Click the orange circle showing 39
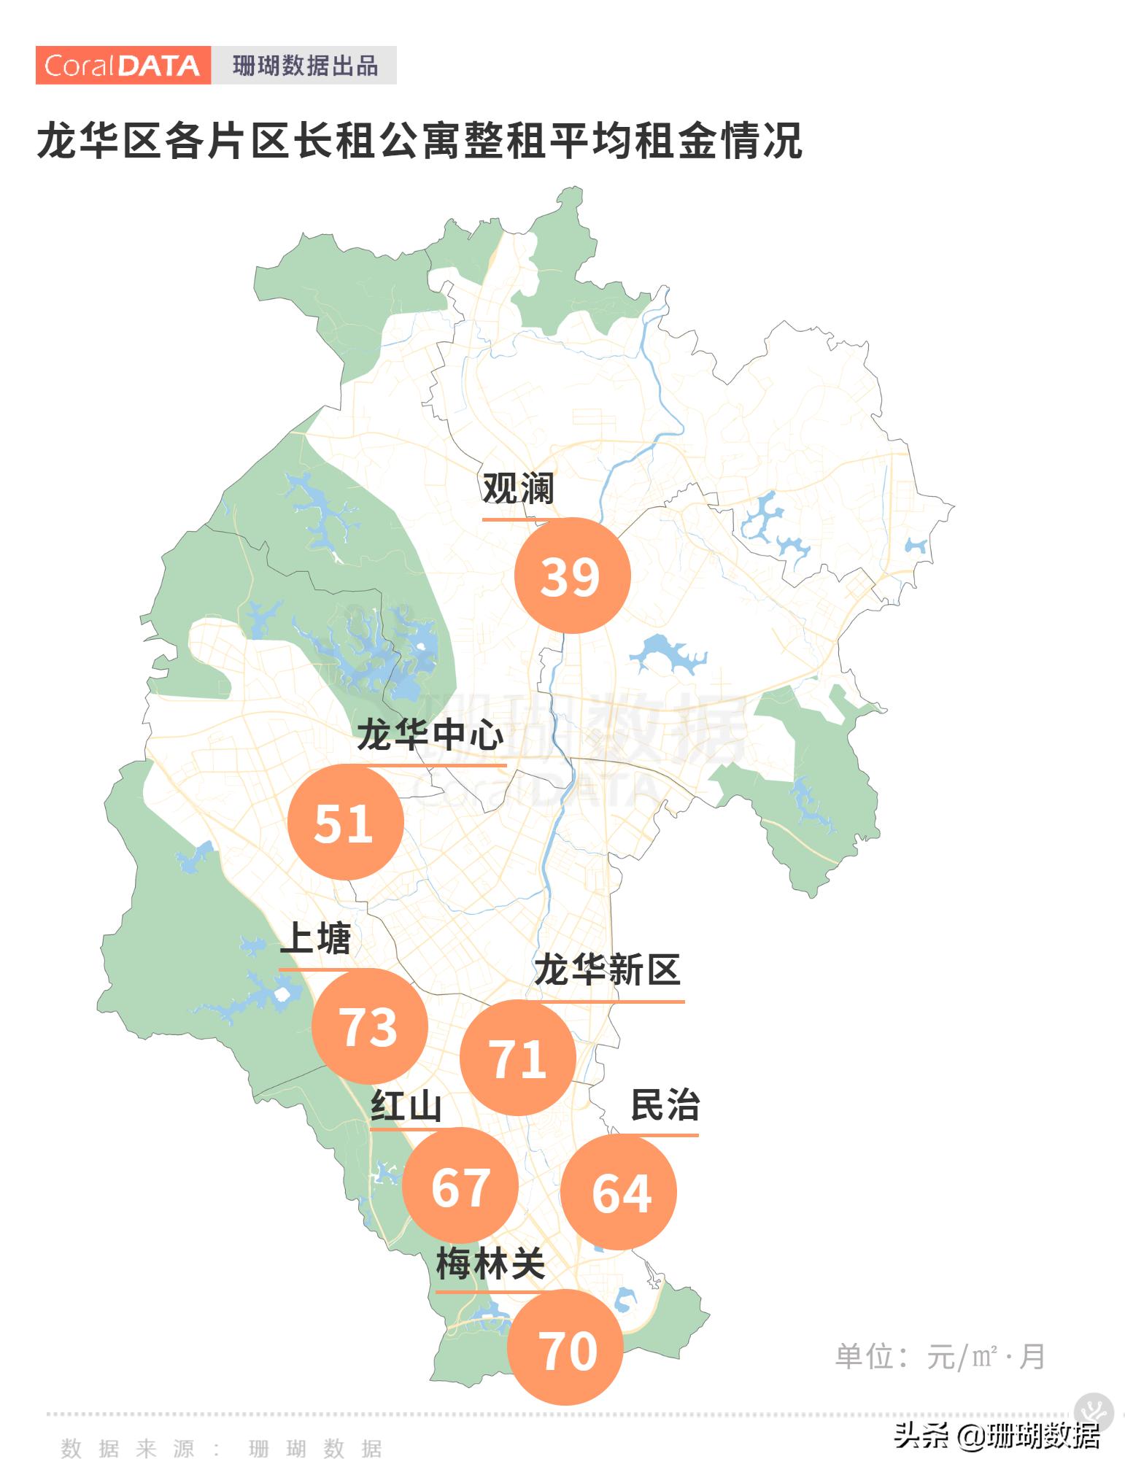tap(572, 576)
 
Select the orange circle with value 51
tap(345, 822)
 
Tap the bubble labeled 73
tap(369, 1026)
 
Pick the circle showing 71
tap(517, 1057)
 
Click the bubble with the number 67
tap(460, 1185)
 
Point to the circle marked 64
tap(619, 1191)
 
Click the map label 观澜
tap(518, 488)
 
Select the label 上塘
tap(315, 938)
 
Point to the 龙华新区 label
tap(607, 970)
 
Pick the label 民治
tap(665, 1104)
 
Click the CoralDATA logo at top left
tap(123, 66)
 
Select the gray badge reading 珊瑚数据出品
tap(305, 66)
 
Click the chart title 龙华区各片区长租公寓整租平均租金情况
tap(420, 140)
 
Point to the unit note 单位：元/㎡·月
tap(940, 1357)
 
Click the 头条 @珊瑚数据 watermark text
tap(997, 1436)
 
